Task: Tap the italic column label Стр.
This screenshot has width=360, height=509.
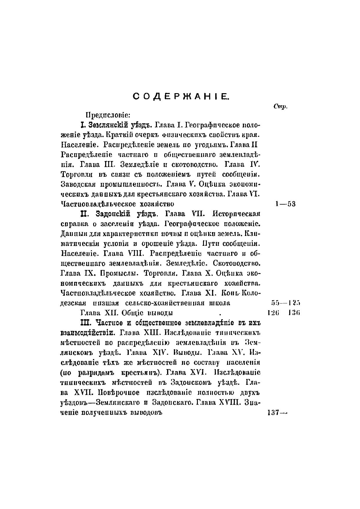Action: tap(280, 107)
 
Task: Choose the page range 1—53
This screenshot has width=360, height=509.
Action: tap(285, 204)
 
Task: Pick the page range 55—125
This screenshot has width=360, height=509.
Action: tap(285, 303)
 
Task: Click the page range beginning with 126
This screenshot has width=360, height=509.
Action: tap(283, 313)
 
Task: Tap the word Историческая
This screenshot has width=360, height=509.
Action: tap(236, 214)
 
